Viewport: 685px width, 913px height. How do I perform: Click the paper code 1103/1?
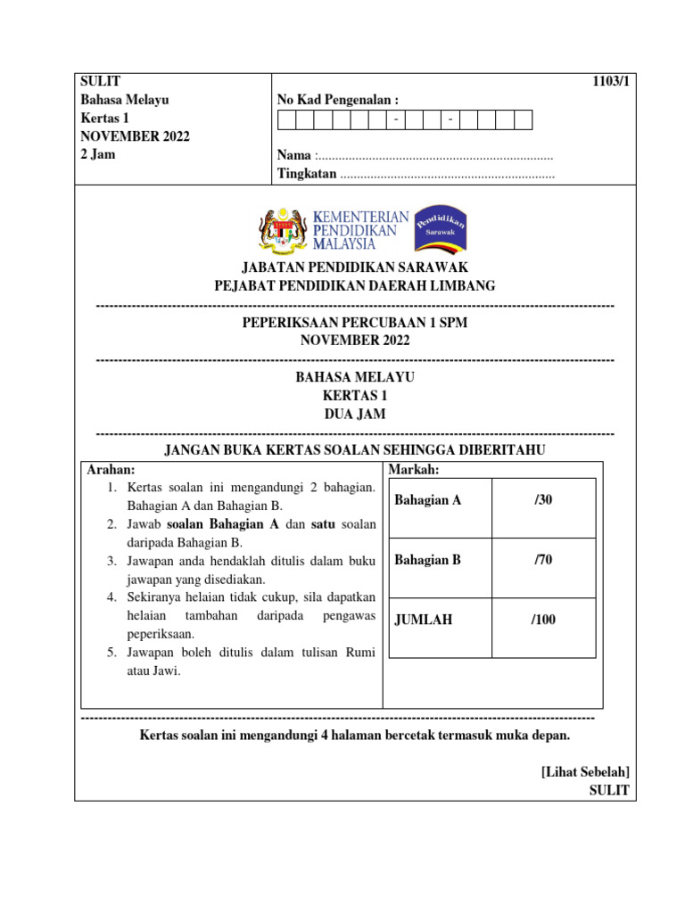(611, 82)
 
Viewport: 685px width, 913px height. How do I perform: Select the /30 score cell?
(543, 500)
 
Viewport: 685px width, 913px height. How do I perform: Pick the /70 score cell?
(543, 560)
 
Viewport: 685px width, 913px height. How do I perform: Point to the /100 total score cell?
(543, 620)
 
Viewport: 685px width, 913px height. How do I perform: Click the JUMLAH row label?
(423, 620)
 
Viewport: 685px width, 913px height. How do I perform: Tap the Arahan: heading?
(111, 470)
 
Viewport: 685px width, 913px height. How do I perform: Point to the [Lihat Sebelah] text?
(585, 771)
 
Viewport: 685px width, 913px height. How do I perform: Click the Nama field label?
(294, 156)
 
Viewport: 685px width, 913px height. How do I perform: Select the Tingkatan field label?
(307, 174)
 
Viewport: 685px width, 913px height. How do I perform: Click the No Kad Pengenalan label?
(338, 100)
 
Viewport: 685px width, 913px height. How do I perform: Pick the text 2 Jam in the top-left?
(98, 153)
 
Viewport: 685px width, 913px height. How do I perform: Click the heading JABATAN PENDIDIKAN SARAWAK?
(355, 267)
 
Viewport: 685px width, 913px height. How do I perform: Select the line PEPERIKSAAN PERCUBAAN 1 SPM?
(355, 323)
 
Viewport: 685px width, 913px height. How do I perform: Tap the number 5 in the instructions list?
(111, 653)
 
